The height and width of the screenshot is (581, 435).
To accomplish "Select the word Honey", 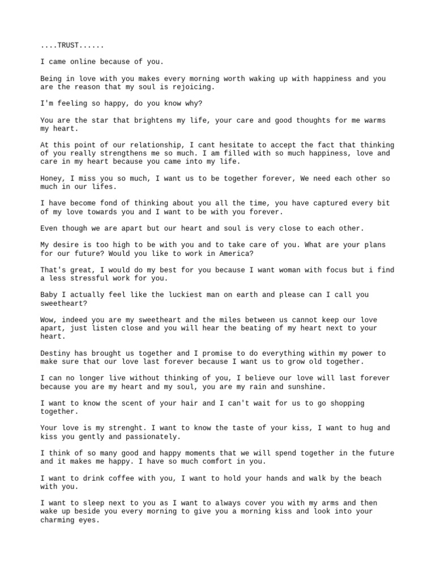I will click(52, 179).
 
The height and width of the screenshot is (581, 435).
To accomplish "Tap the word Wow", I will click(47, 320).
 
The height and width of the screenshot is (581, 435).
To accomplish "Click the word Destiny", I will click(56, 353).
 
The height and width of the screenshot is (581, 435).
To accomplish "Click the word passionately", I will click(156, 436).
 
